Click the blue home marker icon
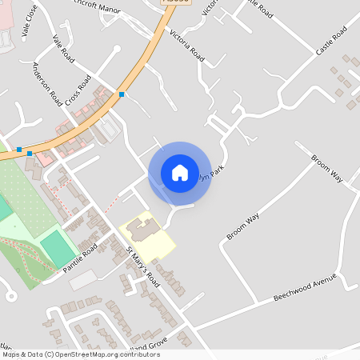pos(180,172)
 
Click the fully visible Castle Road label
pos(331,39)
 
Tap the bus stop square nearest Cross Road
pos(122,95)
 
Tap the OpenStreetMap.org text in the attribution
pos(89,354)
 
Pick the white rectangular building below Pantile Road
pos(82,280)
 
